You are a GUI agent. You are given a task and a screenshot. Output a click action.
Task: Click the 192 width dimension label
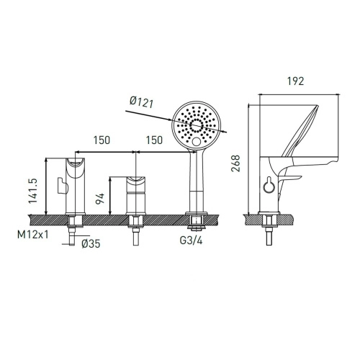pos(296,81)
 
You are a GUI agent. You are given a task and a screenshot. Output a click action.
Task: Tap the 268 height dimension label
pos(235,163)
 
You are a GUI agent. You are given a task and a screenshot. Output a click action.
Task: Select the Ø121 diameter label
pos(141,102)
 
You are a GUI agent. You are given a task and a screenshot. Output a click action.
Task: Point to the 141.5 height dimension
pos(33,191)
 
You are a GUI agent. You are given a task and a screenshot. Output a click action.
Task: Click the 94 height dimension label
pos(100,198)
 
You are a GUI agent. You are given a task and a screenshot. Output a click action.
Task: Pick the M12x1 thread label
pos(33,234)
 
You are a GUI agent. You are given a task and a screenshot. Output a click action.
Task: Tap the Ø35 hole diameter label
pos(91,244)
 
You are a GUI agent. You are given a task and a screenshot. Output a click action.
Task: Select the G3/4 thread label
pos(191,240)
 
